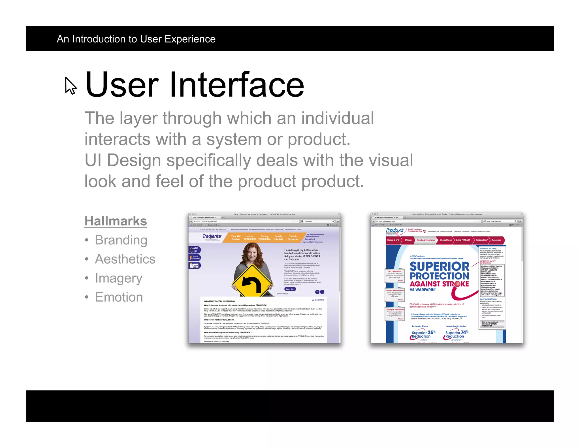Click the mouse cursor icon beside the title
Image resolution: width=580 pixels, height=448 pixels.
coord(71,85)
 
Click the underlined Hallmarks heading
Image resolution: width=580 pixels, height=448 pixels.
coord(116,221)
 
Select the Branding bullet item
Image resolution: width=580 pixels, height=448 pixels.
coord(121,240)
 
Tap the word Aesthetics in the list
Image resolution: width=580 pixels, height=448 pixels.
coord(125,259)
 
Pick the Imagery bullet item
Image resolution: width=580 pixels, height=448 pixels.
coord(118,278)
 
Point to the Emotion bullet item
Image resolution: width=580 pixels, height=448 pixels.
coord(119,297)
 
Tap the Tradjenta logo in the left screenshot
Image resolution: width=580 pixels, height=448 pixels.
coord(212,236)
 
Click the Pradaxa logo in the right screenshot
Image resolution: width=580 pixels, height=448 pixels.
coord(395,231)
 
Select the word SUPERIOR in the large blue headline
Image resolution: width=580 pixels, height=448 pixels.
coord(439,266)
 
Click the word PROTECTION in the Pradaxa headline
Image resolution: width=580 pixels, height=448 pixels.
coord(439,276)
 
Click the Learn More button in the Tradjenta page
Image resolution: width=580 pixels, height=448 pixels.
coord(290,289)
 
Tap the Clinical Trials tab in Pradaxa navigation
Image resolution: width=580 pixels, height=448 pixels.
coord(446,240)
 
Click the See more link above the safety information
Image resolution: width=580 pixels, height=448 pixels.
coord(318,300)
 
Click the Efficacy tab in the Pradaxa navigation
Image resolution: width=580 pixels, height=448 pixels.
coord(408,240)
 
